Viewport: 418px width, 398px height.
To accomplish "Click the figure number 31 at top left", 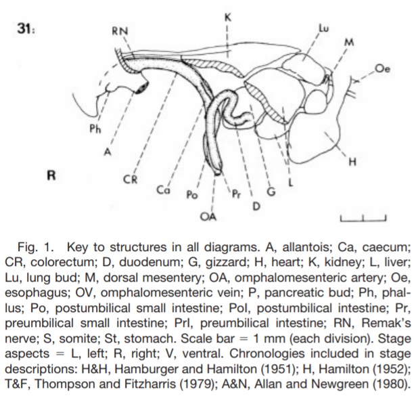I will [x=26, y=31].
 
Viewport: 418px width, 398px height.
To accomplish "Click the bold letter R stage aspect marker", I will [x=49, y=175].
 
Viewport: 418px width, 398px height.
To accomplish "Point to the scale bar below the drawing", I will [x=363, y=217].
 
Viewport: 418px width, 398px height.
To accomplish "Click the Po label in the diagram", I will [x=191, y=195].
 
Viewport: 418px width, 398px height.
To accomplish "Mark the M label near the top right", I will [x=349, y=42].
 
